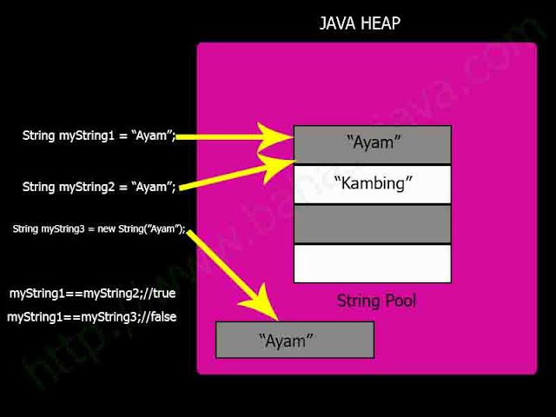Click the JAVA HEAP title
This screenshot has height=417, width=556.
[360, 23]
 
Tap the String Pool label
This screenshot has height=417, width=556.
[375, 301]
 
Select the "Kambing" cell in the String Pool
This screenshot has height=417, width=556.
[373, 183]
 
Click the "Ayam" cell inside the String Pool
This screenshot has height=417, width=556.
[373, 143]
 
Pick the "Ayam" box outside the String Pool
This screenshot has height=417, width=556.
[294, 340]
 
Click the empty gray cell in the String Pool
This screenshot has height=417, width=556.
[373, 223]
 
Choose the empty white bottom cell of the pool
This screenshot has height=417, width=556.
[373, 263]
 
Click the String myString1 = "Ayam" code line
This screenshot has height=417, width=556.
[99, 136]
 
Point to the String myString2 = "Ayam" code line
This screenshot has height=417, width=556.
[99, 186]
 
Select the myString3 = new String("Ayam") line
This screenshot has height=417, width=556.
[99, 228]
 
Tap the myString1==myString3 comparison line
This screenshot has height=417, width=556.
[92, 317]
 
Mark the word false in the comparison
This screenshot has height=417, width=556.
[162, 317]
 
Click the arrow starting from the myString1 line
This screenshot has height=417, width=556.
[235, 136]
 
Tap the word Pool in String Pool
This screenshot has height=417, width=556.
[400, 301]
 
